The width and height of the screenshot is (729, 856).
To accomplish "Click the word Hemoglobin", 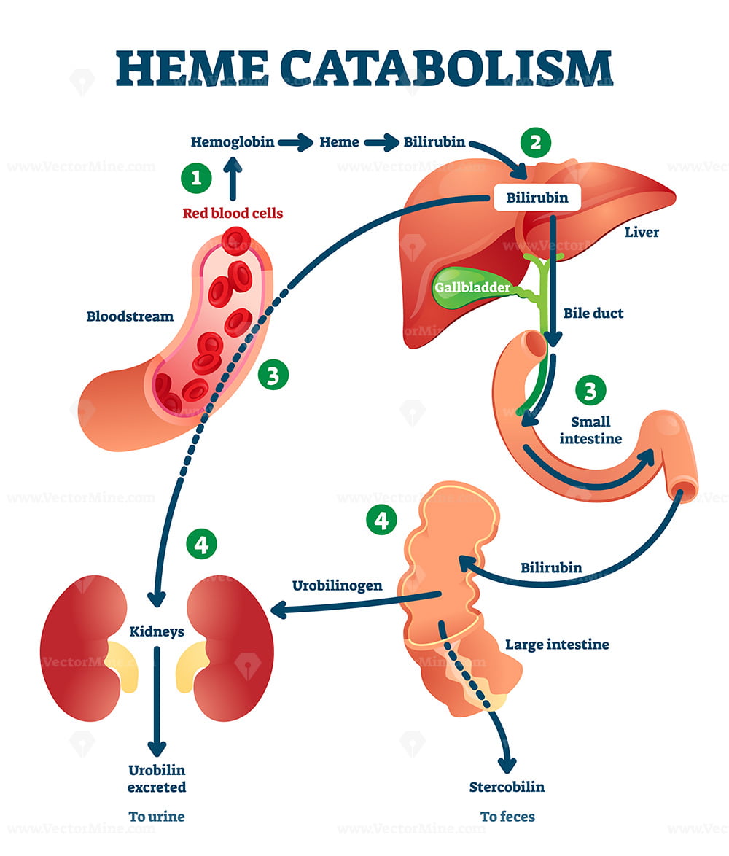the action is click(233, 142).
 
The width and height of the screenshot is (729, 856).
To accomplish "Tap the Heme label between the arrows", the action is click(340, 142).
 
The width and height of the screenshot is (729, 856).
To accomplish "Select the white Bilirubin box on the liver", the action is click(537, 198).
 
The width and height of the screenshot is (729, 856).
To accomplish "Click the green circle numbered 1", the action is click(196, 178).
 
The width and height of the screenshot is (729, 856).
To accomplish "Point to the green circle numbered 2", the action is click(536, 143).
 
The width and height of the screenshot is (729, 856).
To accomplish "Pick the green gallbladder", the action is click(470, 287).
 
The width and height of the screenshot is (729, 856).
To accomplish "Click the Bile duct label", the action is click(593, 314).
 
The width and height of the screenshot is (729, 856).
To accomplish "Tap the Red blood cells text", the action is click(233, 213).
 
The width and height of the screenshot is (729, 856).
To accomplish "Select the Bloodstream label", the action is click(130, 316).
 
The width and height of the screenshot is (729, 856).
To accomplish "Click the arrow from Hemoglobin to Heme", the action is click(296, 143).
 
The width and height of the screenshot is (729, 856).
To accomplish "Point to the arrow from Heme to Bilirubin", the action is click(382, 143).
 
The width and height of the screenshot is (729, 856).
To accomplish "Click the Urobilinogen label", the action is click(338, 585).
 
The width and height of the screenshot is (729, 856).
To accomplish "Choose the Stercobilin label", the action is click(507, 787).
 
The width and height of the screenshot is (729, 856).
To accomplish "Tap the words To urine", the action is click(157, 817).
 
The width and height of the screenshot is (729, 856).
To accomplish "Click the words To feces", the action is click(507, 817).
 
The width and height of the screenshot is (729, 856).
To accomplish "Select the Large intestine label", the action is click(557, 645).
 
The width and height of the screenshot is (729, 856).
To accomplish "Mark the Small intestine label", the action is click(590, 430).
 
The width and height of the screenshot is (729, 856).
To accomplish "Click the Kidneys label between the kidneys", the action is click(157, 631).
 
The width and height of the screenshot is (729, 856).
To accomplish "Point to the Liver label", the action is click(642, 233).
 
